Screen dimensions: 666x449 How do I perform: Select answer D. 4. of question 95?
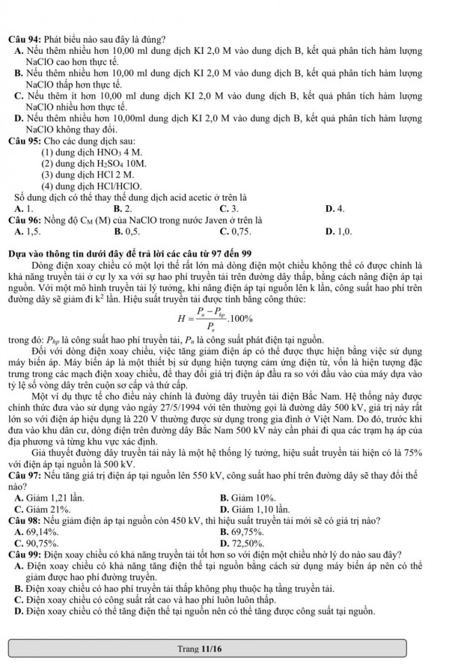[x=335, y=209]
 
